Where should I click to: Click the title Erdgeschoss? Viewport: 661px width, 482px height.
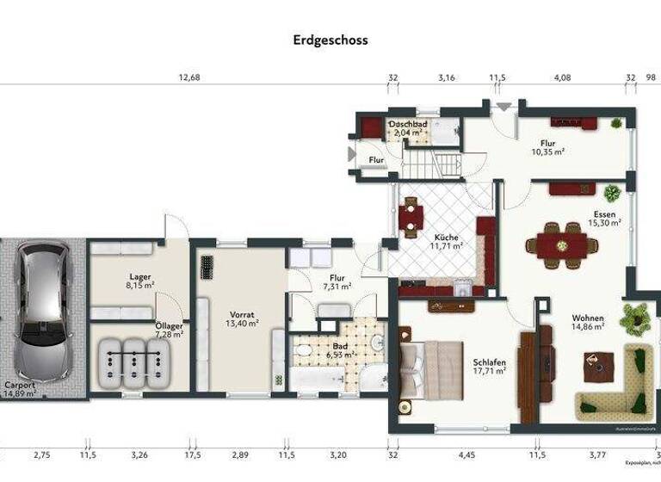click(330, 40)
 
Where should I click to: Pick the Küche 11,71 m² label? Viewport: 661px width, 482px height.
click(446, 242)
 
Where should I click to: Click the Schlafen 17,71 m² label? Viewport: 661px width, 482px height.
click(488, 367)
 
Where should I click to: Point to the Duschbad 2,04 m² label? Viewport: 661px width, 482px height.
click(408, 129)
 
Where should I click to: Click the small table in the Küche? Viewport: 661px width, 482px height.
click(411, 215)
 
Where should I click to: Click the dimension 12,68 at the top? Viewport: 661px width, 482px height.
click(189, 77)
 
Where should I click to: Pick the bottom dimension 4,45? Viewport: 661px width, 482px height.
click(466, 454)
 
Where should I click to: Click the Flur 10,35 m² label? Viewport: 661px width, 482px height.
click(547, 147)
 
